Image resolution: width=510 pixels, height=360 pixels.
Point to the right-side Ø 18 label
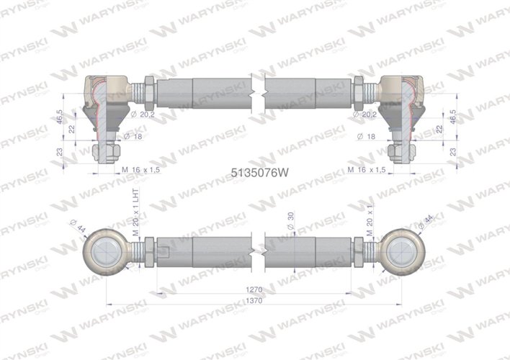(369, 135)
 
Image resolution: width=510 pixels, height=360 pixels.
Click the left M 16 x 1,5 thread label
(144, 170)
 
